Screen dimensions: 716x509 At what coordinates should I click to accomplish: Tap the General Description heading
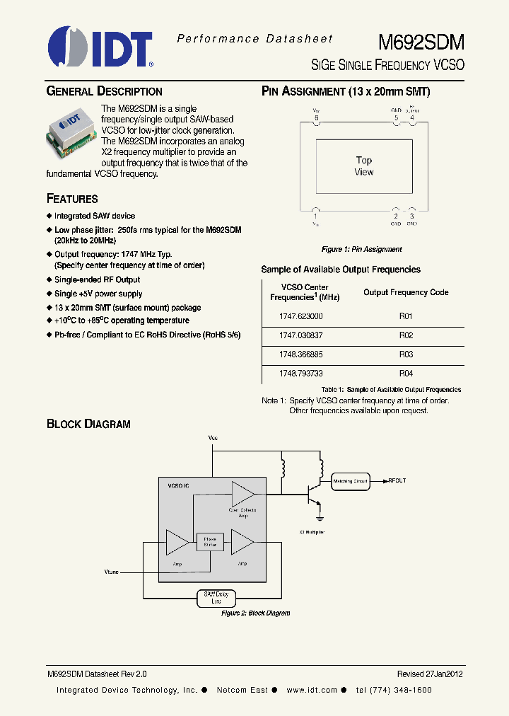[x=104, y=91]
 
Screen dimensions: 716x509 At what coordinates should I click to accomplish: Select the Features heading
[x=72, y=199]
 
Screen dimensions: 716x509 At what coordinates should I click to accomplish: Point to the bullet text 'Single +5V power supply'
[x=98, y=294]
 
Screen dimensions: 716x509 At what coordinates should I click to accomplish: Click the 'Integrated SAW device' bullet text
[x=95, y=216]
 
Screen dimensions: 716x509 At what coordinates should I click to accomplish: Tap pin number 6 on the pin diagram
[x=316, y=118]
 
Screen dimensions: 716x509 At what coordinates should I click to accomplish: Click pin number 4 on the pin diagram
[x=412, y=118]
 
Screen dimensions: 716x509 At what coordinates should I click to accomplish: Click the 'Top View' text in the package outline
[x=364, y=166]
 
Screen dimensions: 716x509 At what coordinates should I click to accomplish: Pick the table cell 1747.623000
[x=300, y=316]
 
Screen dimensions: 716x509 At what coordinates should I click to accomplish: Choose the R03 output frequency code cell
[x=406, y=354]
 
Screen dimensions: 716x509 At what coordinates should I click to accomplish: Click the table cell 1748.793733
[x=300, y=373]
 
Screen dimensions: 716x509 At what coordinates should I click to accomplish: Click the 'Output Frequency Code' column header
[x=406, y=292]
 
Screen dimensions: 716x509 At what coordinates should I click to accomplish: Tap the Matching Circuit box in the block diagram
[x=351, y=481]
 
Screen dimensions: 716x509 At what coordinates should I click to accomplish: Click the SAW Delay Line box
[x=216, y=598]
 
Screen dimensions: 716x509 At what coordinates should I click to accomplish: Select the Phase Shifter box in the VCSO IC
[x=210, y=543]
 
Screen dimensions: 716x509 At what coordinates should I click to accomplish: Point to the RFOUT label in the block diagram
[x=397, y=481]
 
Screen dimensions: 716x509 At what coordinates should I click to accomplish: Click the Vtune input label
[x=112, y=570]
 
